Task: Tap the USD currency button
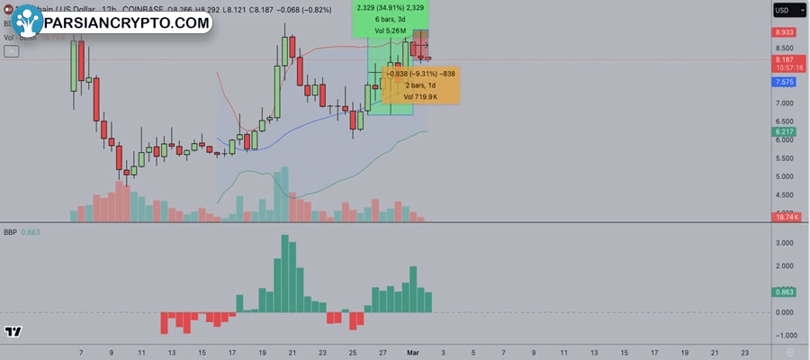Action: [782, 11]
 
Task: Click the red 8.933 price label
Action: [783, 31]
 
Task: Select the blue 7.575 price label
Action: [783, 81]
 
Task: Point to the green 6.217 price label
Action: [783, 132]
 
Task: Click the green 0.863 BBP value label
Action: [783, 292]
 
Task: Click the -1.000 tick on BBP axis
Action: [783, 336]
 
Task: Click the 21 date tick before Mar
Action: [292, 354]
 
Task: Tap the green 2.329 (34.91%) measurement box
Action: [390, 19]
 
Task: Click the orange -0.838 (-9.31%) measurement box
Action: [422, 85]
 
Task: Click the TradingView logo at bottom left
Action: [13, 332]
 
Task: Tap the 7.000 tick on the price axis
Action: [783, 103]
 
